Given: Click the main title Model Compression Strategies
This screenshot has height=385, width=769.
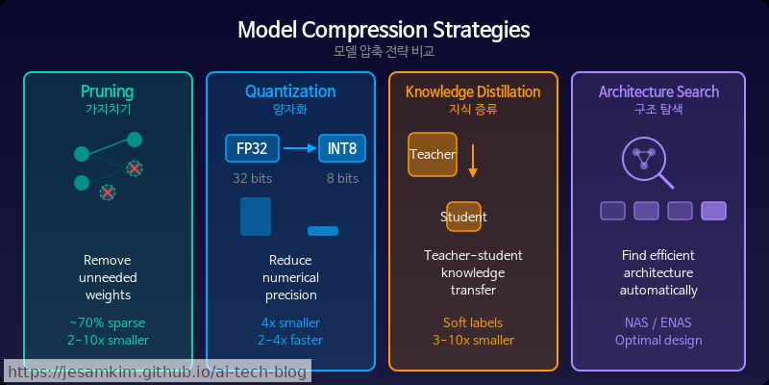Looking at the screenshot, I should (x=384, y=29).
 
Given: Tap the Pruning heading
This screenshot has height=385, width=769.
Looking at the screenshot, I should (x=108, y=92).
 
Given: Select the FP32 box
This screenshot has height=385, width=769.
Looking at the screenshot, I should (x=252, y=148).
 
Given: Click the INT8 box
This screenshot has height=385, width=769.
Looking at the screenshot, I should (x=343, y=148).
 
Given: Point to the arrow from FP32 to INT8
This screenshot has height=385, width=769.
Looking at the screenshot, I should (x=300, y=148).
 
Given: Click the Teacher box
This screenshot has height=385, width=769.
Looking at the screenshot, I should (x=432, y=154).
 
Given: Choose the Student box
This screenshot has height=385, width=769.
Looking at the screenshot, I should (x=463, y=217).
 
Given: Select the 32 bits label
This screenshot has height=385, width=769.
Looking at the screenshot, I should (x=252, y=178).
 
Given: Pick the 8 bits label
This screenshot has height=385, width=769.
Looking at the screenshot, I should (x=342, y=178).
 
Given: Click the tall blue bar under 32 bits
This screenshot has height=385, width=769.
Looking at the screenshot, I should (x=256, y=217).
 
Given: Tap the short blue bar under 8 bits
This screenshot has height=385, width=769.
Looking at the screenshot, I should (x=323, y=231).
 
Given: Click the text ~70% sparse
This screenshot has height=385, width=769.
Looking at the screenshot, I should (x=108, y=322).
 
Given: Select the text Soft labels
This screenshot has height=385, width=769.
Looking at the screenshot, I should (x=473, y=322).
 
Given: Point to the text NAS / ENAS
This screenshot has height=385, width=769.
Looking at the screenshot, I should (x=658, y=322).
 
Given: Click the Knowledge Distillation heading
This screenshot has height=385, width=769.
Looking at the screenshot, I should (x=473, y=92).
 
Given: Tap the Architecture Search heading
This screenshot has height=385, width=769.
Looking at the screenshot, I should (x=658, y=92).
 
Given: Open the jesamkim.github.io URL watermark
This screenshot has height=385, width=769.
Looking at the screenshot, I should (x=156, y=372).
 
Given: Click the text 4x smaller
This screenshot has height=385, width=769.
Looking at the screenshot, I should (x=290, y=322).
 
